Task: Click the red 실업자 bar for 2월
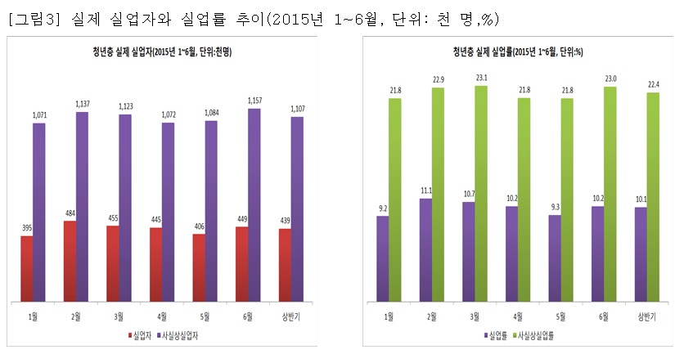pos(70,260)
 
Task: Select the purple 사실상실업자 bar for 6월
pos(254,204)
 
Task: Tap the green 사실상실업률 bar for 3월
pos(480,192)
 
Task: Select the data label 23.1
pos(480,78)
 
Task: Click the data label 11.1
pos(425,190)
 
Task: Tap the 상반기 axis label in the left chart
pos(290,316)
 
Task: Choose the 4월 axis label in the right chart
pos(517,316)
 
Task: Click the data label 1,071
pos(39,116)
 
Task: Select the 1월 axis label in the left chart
pos(33,316)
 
